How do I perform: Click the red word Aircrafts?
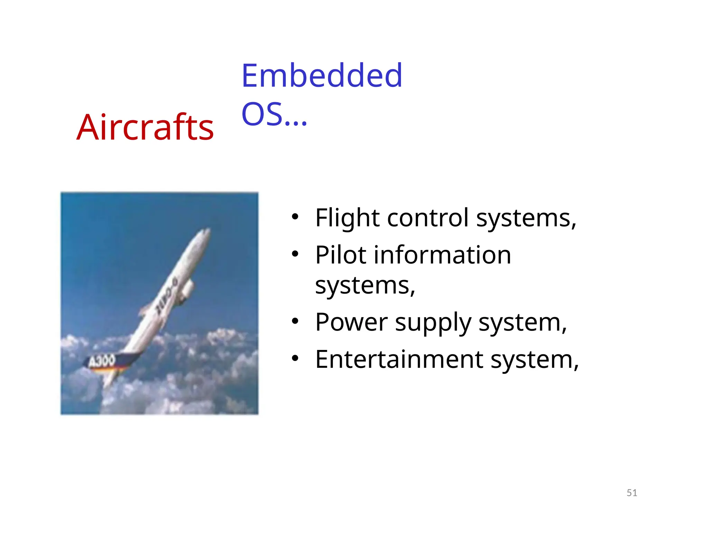click(x=145, y=128)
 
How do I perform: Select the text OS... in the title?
click(x=274, y=114)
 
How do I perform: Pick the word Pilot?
click(x=341, y=255)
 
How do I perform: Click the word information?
click(x=442, y=255)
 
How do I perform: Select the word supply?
click(x=433, y=324)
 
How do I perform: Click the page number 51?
click(x=632, y=493)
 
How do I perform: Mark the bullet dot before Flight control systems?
click(x=295, y=217)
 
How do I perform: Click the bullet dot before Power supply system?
click(x=295, y=322)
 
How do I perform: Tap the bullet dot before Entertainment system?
click(x=295, y=359)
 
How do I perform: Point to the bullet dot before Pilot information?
click(x=295, y=254)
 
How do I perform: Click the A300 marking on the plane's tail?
click(x=101, y=361)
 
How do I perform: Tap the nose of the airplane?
click(x=207, y=231)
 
